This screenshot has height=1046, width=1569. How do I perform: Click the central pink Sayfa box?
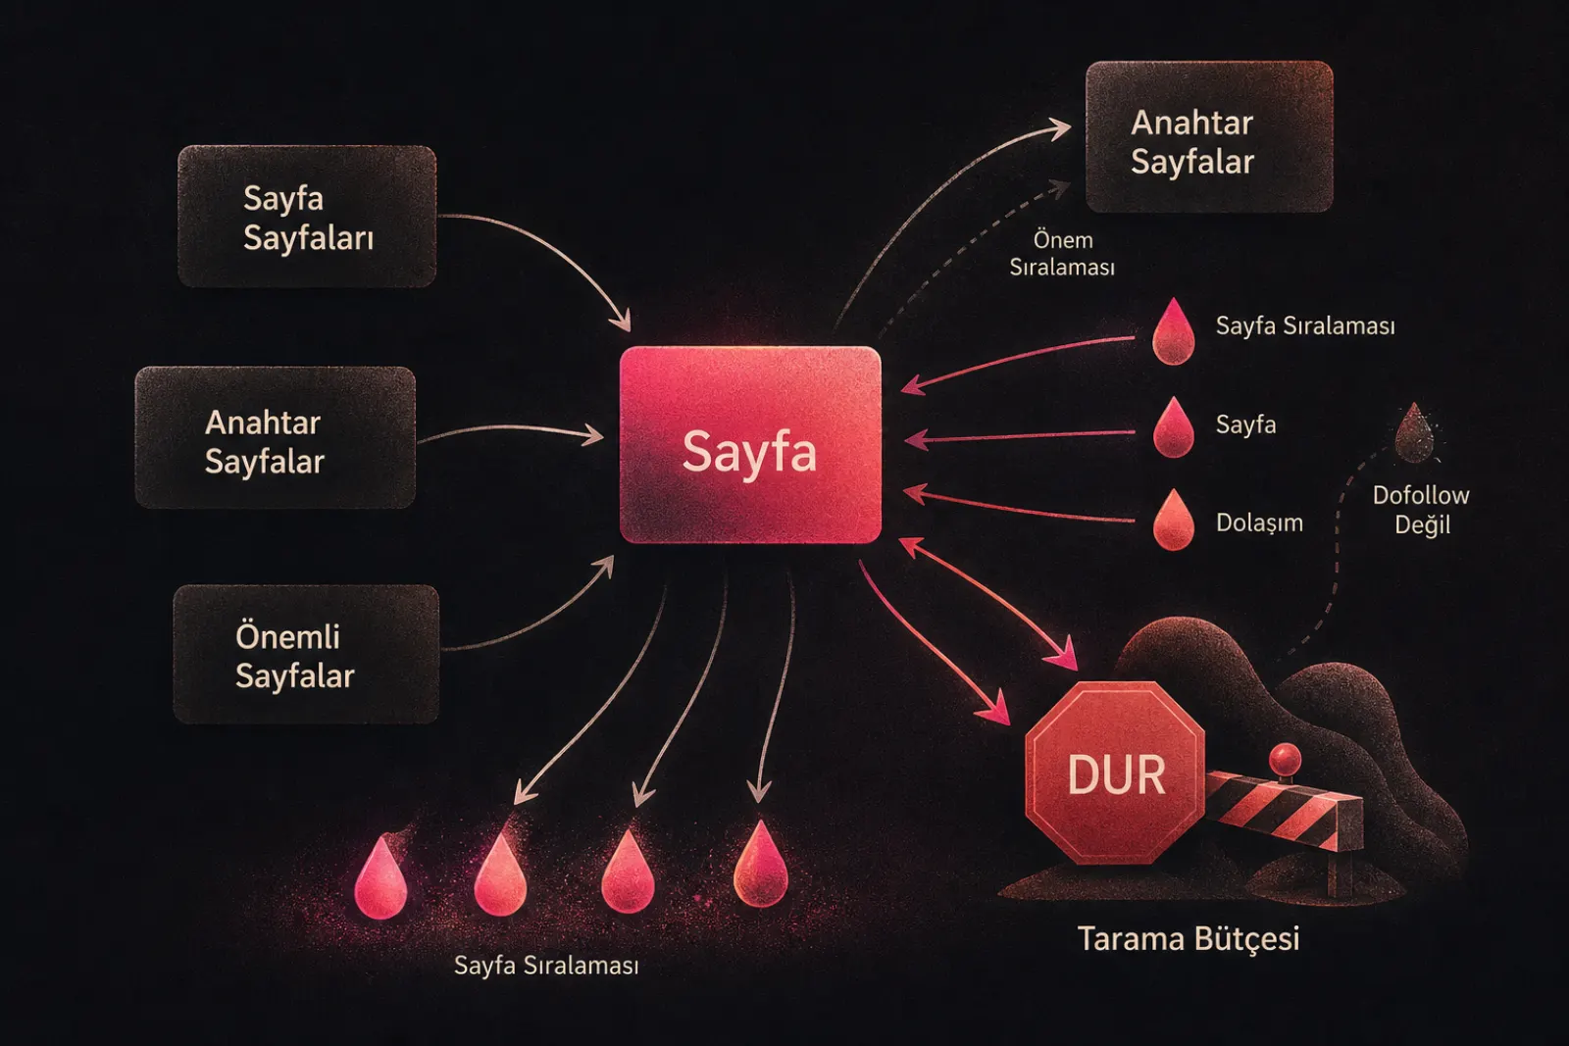click(750, 445)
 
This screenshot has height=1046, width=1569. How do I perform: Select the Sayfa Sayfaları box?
click(307, 217)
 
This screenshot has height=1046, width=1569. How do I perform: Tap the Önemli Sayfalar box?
click(306, 654)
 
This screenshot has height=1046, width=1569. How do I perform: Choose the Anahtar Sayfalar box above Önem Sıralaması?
click(1209, 136)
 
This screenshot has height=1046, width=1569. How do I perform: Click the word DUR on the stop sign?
click(1117, 775)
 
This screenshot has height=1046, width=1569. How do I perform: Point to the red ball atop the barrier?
click(1285, 760)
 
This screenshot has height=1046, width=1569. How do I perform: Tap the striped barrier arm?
click(1284, 810)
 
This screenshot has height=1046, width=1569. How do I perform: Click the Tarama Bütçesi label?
click(1188, 938)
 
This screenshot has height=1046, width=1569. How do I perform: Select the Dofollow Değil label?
click(1421, 510)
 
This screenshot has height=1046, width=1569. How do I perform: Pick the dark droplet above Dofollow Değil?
click(1414, 433)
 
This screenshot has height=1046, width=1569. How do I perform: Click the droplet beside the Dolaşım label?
click(1173, 520)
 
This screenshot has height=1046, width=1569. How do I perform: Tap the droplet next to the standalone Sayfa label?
click(1173, 427)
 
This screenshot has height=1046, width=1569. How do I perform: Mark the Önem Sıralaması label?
click(1062, 254)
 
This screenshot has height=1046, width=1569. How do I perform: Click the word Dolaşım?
click(1259, 523)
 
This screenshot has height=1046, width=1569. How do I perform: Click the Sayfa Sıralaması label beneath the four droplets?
click(546, 966)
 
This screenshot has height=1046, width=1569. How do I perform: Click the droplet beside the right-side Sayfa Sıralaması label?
click(1173, 332)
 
